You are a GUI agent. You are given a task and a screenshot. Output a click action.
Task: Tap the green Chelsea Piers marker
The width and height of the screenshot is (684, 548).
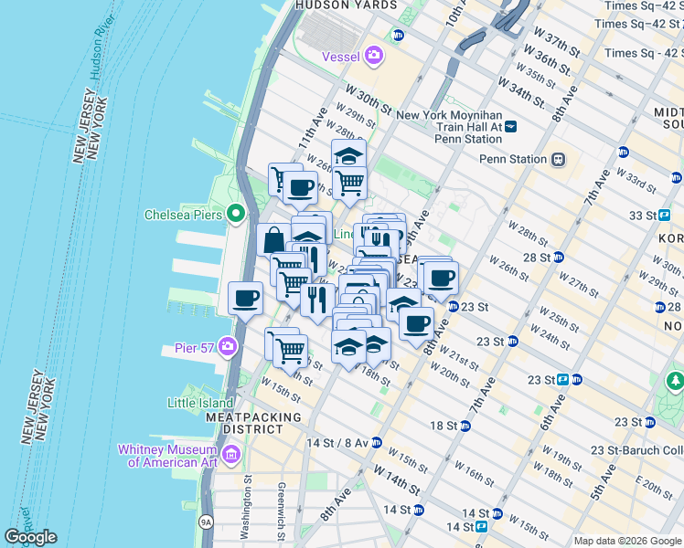coord(235,216)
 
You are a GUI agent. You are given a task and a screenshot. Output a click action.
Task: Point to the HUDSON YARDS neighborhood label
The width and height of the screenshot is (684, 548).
coord(346,5)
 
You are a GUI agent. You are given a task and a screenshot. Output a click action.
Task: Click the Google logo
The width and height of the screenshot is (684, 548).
coord(30,537)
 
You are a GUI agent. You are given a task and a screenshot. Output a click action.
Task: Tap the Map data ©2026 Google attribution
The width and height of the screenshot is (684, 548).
coord(626,541)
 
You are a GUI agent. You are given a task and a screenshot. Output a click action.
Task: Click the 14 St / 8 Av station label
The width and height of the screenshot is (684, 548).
coord(338,442)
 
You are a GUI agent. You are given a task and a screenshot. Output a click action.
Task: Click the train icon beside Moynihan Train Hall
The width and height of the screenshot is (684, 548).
coord(511,127)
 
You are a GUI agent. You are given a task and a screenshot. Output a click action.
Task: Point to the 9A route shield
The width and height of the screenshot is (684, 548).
coord(206,522)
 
